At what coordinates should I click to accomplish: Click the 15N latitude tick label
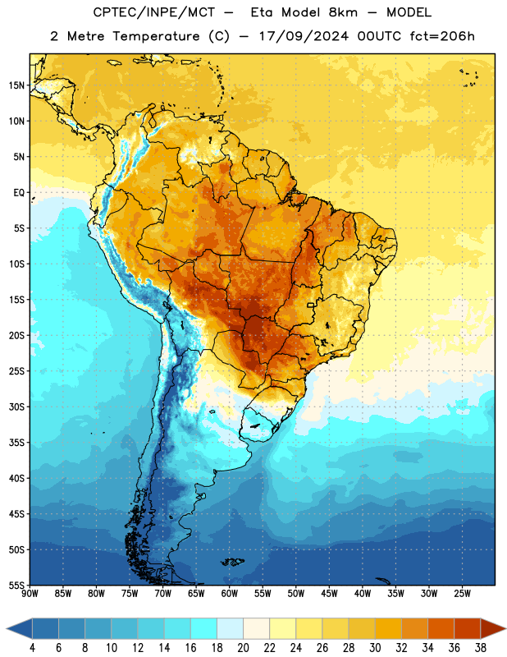tap(16, 85)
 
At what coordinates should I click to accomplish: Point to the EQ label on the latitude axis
tap(19, 193)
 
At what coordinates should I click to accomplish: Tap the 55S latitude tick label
tap(16, 586)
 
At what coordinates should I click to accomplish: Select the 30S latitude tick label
tap(16, 407)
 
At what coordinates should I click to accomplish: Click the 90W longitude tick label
tap(30, 594)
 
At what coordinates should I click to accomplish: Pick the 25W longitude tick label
tap(462, 594)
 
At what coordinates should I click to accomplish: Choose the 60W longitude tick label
tap(230, 594)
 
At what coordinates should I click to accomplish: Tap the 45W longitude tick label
tap(329, 594)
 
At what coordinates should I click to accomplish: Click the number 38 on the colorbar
tap(480, 648)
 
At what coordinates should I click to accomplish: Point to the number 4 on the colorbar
tap(32, 648)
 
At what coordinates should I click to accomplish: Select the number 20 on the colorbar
tap(243, 648)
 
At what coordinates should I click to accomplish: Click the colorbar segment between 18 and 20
tap(230, 628)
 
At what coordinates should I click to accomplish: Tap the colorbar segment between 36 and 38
tap(468, 628)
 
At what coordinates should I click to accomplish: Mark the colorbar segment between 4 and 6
tap(45, 628)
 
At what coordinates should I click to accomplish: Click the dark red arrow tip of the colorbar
tap(493, 628)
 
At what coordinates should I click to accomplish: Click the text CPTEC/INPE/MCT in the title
tap(153, 12)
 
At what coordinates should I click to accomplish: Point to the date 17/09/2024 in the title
tap(304, 36)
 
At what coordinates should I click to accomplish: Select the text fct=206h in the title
tap(442, 36)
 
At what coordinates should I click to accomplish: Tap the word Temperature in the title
tap(156, 36)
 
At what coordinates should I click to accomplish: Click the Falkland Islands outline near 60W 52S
tap(233, 562)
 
